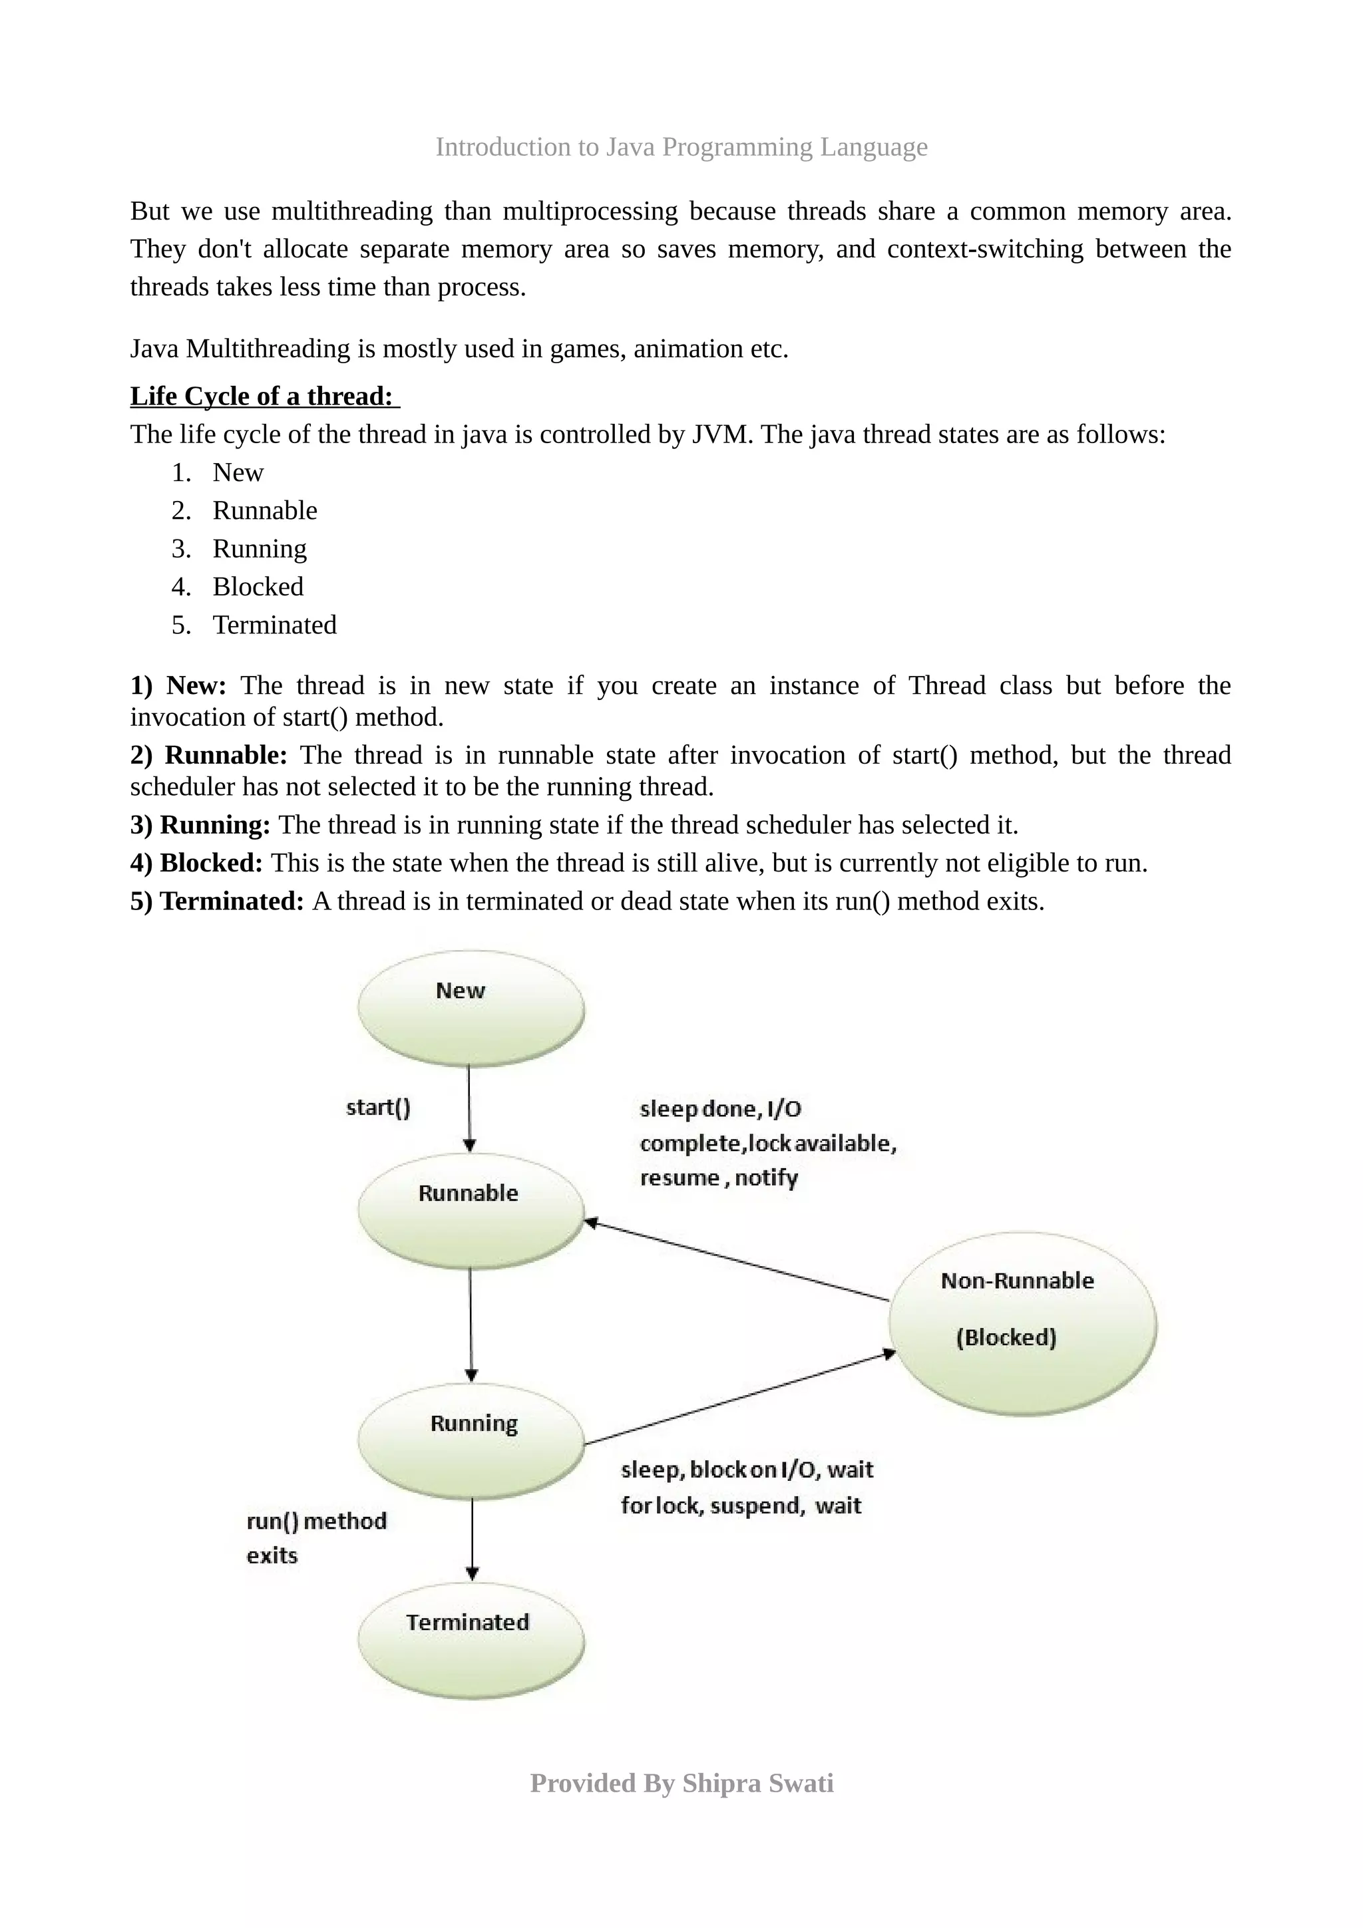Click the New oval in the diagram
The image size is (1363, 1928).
(471, 1009)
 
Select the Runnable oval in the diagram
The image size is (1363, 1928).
(471, 1211)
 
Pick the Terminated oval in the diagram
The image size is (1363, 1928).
(471, 1639)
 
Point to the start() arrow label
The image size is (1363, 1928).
(378, 1108)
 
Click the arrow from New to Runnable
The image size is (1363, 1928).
(469, 1108)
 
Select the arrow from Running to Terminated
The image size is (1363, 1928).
(472, 1538)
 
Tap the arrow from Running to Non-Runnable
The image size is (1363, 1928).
(739, 1399)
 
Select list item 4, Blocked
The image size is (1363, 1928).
(257, 586)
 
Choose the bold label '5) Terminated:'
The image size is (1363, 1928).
(217, 901)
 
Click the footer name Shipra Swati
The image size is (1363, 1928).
(757, 1784)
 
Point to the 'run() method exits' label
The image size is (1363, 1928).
(315, 1537)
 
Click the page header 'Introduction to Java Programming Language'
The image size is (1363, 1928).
(681, 147)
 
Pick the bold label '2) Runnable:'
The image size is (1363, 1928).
(208, 755)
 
